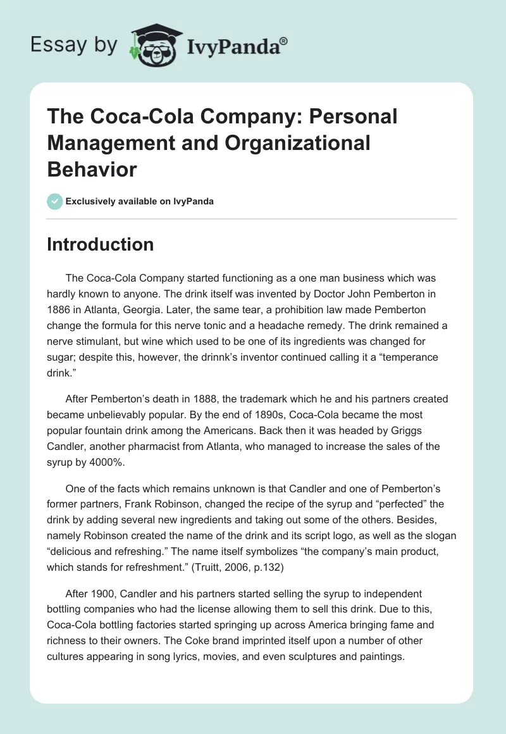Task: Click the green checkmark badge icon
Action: [54, 201]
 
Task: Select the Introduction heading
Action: [100, 245]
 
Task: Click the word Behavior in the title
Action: [92, 170]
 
